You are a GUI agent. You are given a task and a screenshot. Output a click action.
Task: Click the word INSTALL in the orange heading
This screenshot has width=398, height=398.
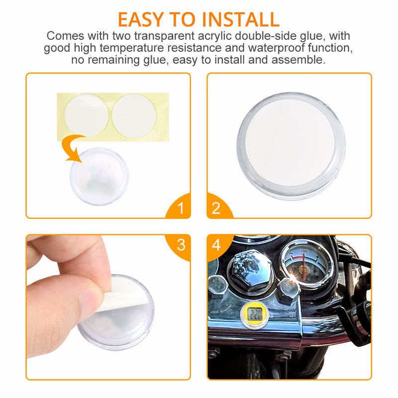[240, 19]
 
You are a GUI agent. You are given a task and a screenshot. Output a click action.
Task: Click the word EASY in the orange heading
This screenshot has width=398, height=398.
[141, 19]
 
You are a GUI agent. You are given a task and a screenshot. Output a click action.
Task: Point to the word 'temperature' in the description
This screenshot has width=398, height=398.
[131, 48]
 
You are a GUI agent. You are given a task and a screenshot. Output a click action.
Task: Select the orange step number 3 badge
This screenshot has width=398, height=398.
[179, 246]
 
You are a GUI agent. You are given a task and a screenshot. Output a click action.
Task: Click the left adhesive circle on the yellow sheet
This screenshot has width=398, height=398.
[86, 116]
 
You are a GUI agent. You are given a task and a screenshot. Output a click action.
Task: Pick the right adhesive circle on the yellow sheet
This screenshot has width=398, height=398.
[134, 116]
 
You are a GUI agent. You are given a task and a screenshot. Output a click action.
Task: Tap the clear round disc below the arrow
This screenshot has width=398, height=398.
[99, 177]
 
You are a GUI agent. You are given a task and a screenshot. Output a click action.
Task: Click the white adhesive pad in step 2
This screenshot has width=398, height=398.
[290, 143]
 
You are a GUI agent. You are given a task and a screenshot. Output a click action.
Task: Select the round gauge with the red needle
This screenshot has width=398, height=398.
[305, 264]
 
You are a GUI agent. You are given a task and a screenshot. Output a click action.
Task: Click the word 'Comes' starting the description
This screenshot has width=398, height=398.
[66, 36]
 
